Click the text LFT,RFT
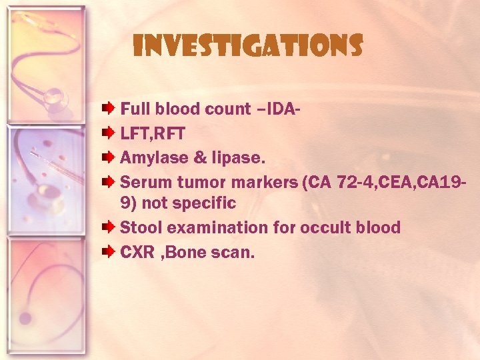click(153, 134)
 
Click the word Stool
click(141, 227)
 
